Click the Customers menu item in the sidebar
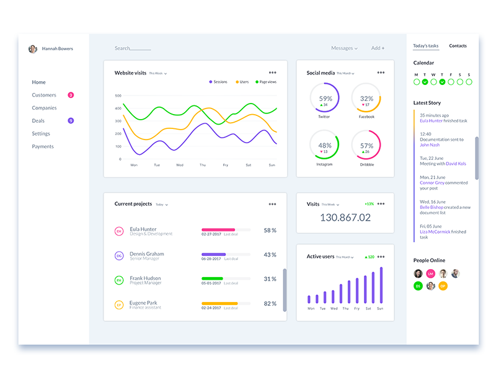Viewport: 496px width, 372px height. coord(44,95)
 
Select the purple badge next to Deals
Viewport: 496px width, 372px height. coord(71,120)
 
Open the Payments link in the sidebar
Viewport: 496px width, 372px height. coord(43,146)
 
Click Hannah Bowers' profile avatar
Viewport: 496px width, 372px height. coord(33,49)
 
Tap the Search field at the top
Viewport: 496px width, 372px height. coord(132,48)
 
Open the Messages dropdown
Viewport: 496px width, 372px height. coord(344,48)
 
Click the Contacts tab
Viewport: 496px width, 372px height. coord(458,46)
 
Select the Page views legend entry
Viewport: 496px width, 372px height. coord(265,82)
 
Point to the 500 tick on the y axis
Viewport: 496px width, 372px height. coord(118,96)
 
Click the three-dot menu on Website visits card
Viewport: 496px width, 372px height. coord(273,73)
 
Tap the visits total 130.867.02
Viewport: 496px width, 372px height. coord(345,218)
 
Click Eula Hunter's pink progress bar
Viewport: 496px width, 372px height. coord(218,229)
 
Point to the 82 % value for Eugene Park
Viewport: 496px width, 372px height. coord(270,304)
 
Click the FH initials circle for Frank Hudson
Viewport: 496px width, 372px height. coord(119,281)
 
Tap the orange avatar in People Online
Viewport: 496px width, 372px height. coord(443,286)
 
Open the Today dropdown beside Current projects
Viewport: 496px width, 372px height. coord(161,205)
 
